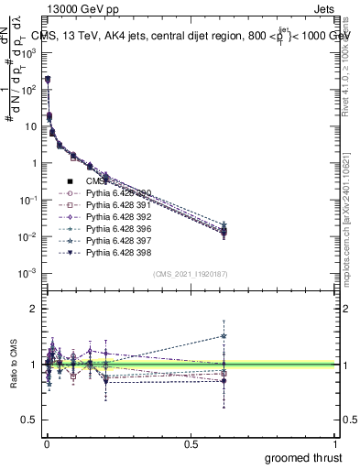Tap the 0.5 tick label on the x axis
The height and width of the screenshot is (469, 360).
pyautogui.click(x=191, y=442)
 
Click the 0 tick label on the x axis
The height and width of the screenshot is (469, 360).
pyautogui.click(x=47, y=442)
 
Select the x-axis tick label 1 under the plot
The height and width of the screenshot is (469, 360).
pyautogui.click(x=335, y=442)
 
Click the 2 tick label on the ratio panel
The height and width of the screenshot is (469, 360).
pyautogui.click(x=35, y=309)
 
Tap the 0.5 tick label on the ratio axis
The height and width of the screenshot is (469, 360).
pyautogui.click(x=30, y=420)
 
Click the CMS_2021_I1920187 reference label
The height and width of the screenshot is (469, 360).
pyautogui.click(x=191, y=274)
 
